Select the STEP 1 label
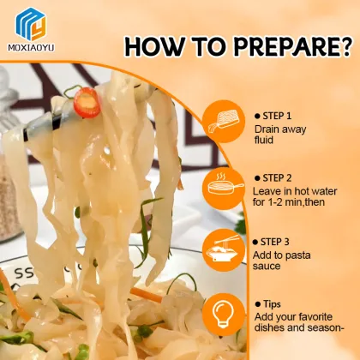click(x=277, y=114)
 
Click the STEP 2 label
click(x=277, y=177)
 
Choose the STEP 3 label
click(x=277, y=241)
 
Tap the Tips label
click(x=273, y=304)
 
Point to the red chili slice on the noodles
click(x=87, y=105)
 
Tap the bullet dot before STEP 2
click(x=258, y=177)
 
